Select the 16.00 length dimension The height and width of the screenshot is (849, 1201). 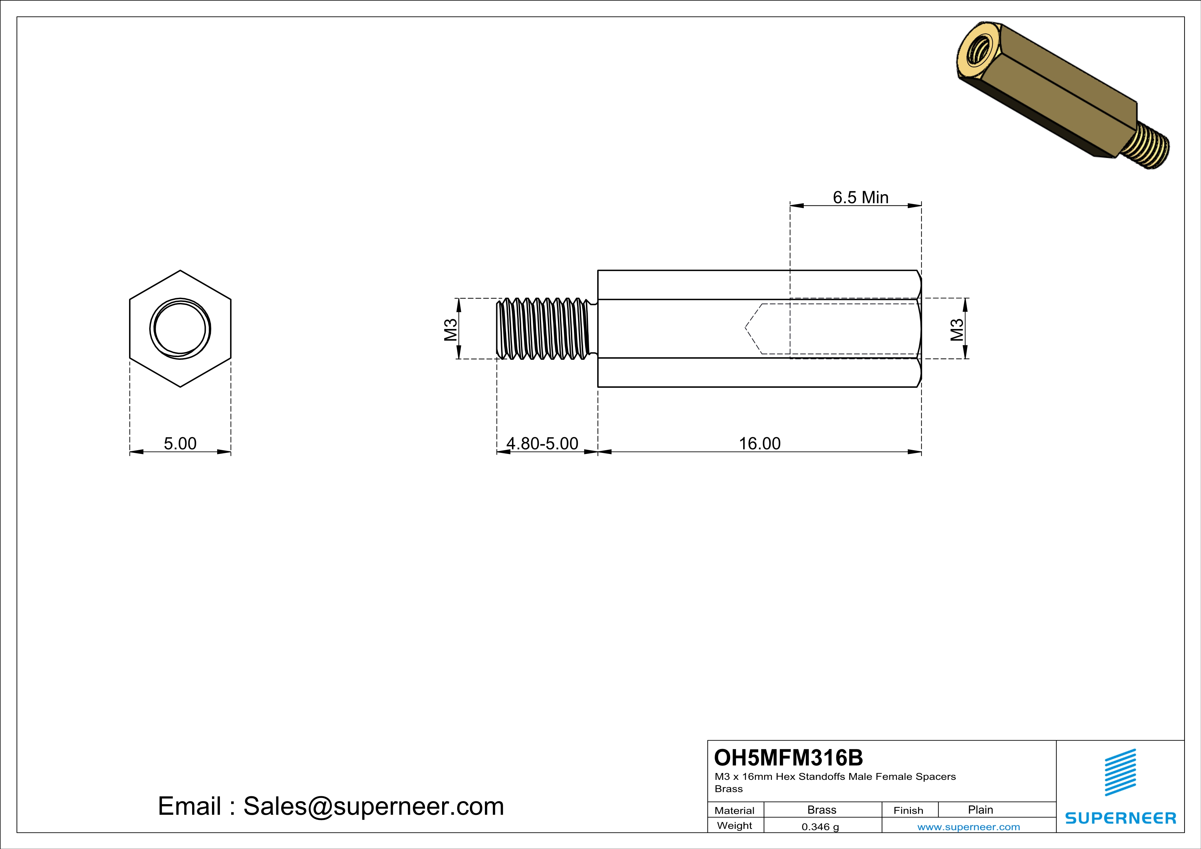click(x=760, y=443)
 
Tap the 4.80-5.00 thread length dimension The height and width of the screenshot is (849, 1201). click(x=542, y=443)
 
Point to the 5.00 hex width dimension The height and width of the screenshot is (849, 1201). click(x=180, y=443)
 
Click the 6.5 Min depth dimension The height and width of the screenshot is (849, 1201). click(x=861, y=197)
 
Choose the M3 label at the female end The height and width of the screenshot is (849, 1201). click(x=957, y=329)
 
